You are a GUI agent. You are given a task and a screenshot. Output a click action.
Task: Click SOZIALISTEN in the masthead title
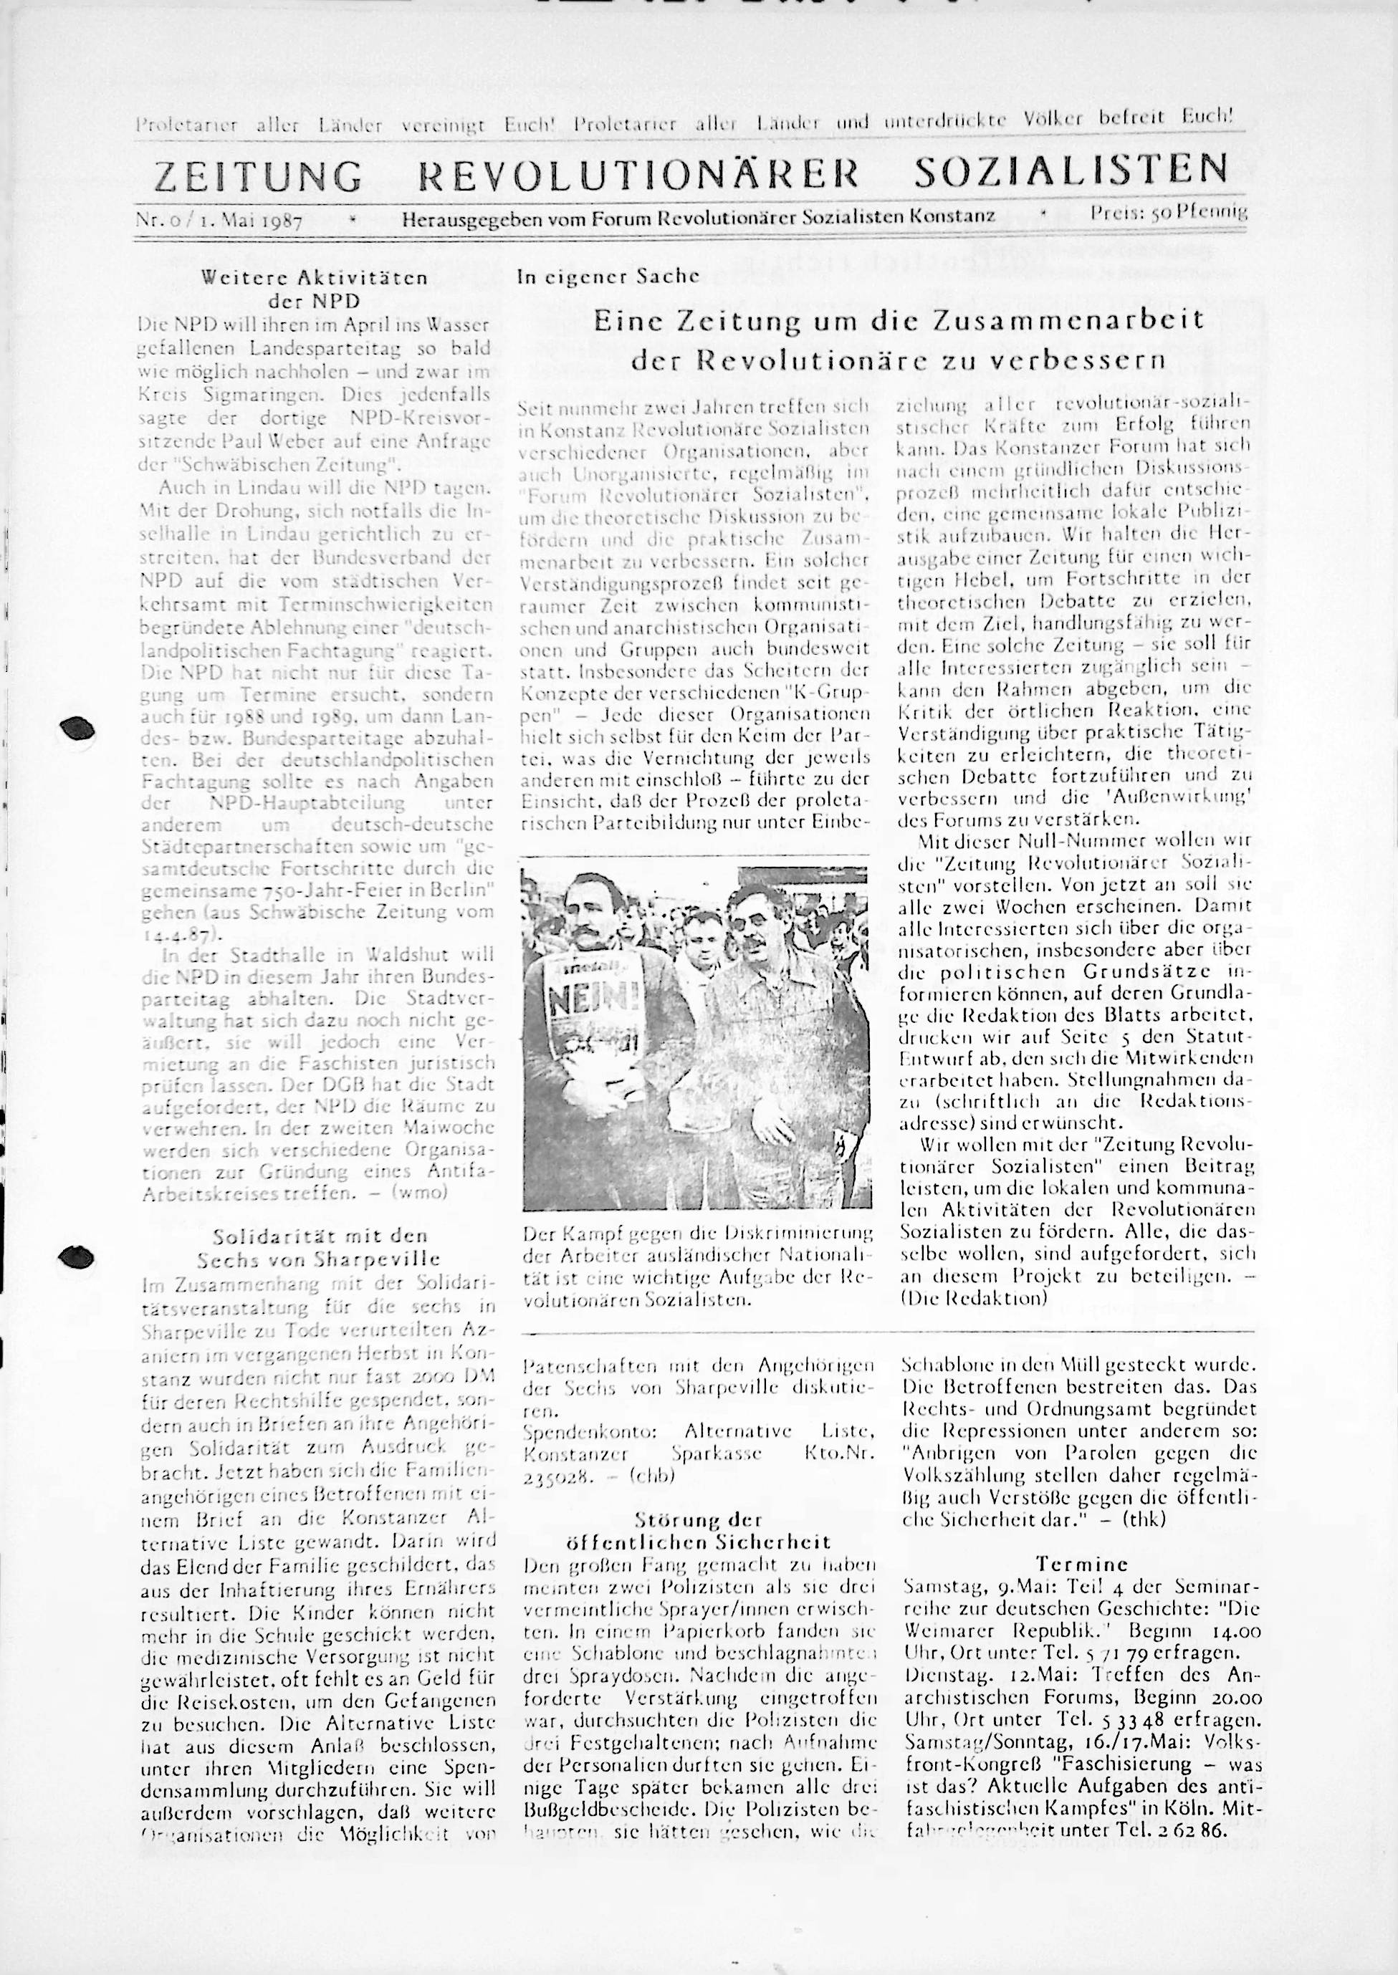1071,170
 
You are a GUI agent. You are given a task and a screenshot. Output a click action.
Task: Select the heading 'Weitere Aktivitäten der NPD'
313,289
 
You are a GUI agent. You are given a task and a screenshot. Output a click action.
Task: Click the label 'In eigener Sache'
608,277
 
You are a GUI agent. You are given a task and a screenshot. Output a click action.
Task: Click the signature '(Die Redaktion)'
974,1299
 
